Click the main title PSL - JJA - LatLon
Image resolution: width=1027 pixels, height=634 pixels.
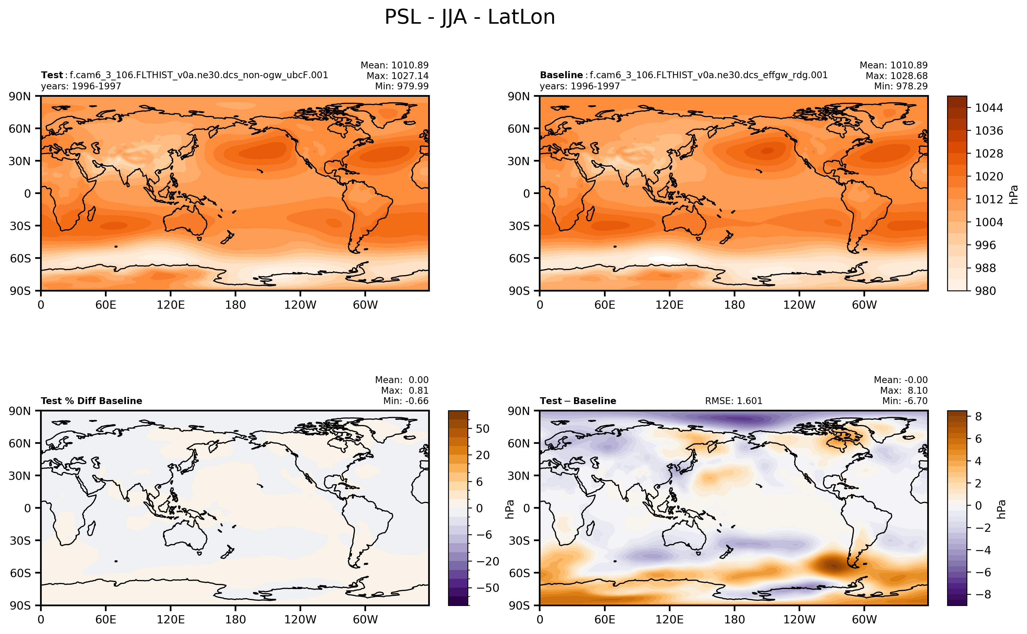[x=470, y=18]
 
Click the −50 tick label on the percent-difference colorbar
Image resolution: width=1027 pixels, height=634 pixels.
[x=488, y=588]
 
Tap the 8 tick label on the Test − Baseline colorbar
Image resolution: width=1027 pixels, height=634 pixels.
[x=978, y=416]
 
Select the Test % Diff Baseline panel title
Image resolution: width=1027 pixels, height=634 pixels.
[x=91, y=401]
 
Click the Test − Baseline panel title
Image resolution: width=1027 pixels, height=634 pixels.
[x=578, y=401]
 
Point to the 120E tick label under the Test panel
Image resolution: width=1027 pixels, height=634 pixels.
[x=171, y=305]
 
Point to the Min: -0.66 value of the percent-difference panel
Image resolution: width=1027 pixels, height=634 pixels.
[x=406, y=401]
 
